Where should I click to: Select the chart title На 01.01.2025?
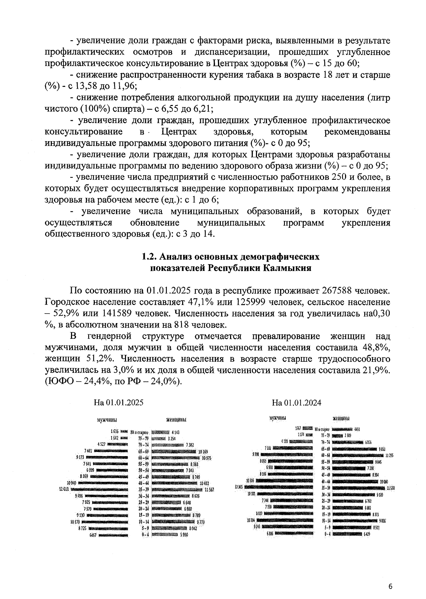point(118,403)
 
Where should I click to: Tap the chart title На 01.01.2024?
point(297,403)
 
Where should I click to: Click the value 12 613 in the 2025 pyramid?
point(64,489)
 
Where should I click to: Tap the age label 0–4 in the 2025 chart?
point(144,534)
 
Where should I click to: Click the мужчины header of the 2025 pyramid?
point(107,420)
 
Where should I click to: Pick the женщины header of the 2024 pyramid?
point(341,418)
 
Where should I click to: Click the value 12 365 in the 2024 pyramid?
point(239,487)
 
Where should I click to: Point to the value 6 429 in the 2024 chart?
point(367,533)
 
